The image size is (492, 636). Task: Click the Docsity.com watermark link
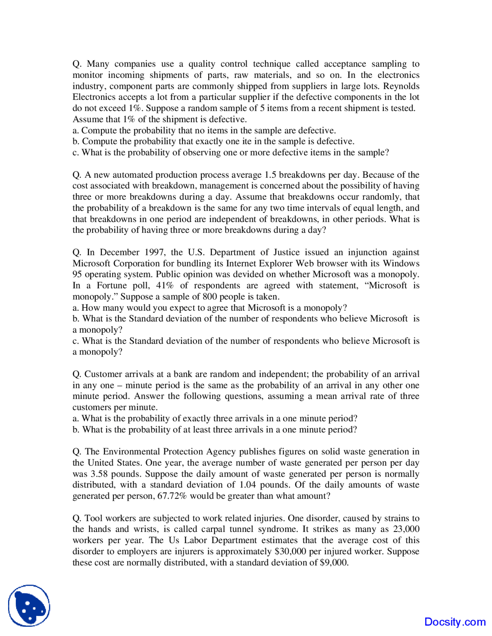[x=455, y=621]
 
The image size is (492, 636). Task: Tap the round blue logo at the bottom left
[x=29, y=606]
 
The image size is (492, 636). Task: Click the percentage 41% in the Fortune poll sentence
[x=165, y=285]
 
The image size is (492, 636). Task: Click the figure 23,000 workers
[x=406, y=529]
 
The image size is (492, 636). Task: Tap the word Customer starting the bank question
[x=102, y=374]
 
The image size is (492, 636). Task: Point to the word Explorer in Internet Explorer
[x=275, y=263]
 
